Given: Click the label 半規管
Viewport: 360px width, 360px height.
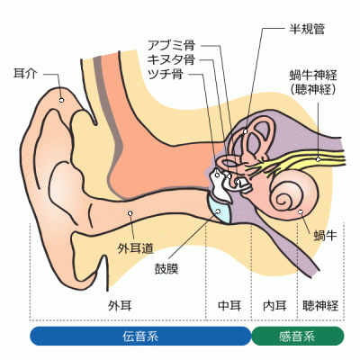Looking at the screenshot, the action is (307, 29).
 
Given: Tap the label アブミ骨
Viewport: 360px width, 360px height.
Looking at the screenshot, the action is (171, 45).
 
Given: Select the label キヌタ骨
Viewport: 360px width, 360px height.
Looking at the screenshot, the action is (171, 59).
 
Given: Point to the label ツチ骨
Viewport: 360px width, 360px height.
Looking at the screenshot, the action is (166, 74).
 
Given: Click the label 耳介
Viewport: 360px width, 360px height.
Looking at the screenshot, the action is (25, 74).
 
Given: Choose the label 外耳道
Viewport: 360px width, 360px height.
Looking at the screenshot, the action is (136, 248).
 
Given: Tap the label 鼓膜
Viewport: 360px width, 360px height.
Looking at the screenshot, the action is (166, 268).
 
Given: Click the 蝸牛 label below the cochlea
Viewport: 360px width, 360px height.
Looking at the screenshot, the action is (326, 235).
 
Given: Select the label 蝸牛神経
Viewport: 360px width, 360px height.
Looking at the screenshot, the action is (313, 75).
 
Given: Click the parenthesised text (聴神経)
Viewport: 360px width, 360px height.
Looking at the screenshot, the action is (313, 89).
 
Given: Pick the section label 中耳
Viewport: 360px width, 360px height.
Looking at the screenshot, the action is (229, 305).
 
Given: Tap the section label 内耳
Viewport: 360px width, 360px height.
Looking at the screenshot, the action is (274, 305).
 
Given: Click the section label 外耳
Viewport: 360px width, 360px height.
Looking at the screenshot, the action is (120, 305).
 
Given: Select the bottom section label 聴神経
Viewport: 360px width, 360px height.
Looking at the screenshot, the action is (320, 305).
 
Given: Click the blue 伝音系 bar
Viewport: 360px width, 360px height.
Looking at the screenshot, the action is (140, 336).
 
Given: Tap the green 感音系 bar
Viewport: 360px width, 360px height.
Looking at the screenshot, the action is (298, 336).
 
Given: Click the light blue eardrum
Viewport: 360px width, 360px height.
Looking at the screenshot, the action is (220, 210).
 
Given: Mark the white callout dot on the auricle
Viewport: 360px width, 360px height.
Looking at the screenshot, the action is (61, 100).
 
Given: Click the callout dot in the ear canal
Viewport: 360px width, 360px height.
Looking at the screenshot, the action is (130, 213).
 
